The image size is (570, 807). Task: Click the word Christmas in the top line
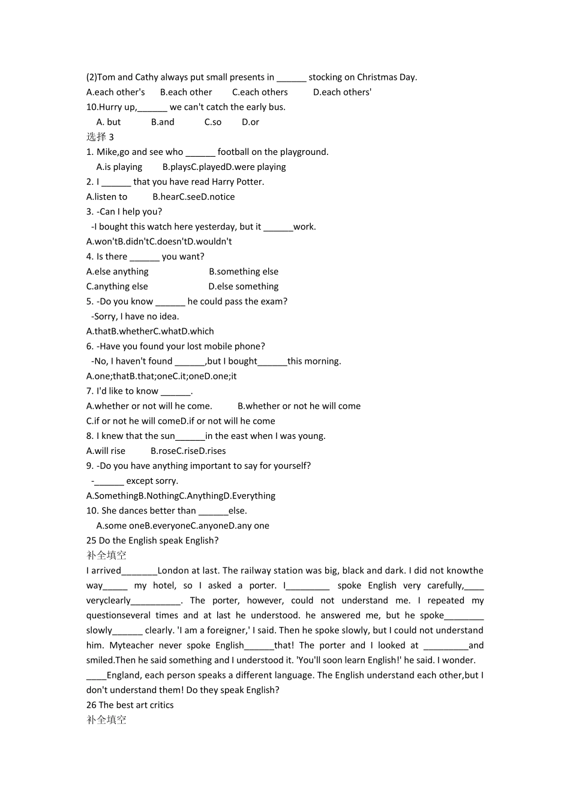pos(377,77)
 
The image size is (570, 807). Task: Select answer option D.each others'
pos(342,92)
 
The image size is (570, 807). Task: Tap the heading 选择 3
pos(100,137)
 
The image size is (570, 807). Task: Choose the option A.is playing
pos(119,167)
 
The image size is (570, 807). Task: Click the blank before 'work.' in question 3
pos(278,227)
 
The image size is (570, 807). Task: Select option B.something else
pos(244,271)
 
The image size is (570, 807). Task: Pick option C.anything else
pos(117,286)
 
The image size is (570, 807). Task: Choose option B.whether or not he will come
pos(299,406)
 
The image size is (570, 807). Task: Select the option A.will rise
pos(106,451)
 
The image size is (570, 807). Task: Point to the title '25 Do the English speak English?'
pos(152,540)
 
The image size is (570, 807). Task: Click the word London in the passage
pos(173,570)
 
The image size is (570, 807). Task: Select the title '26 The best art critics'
pos(130,705)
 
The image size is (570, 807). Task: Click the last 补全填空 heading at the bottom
pos(106,720)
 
